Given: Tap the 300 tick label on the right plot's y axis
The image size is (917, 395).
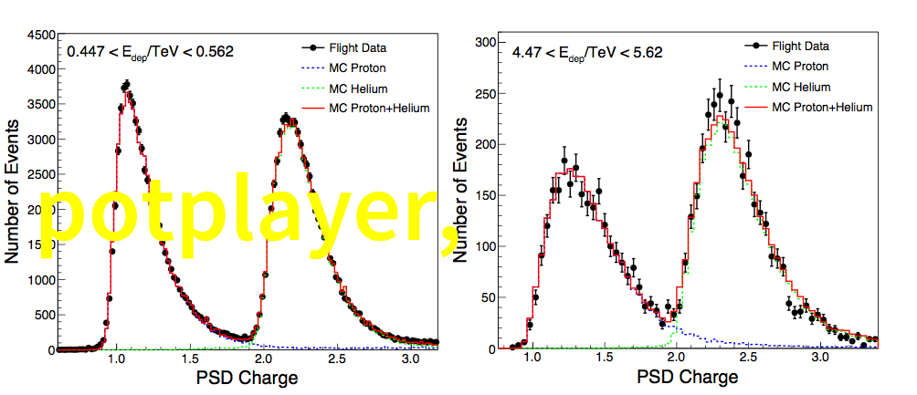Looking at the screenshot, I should tap(484, 42).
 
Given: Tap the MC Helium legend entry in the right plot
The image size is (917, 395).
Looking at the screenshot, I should tap(801, 87).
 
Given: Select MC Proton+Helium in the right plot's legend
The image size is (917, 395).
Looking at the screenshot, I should tap(821, 107).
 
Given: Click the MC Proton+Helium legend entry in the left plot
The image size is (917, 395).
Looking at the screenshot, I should tap(378, 109).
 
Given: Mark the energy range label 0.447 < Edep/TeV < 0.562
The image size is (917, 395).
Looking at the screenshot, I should tap(151, 52).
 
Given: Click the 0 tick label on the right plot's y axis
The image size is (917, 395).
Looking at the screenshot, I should tap(490, 348).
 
